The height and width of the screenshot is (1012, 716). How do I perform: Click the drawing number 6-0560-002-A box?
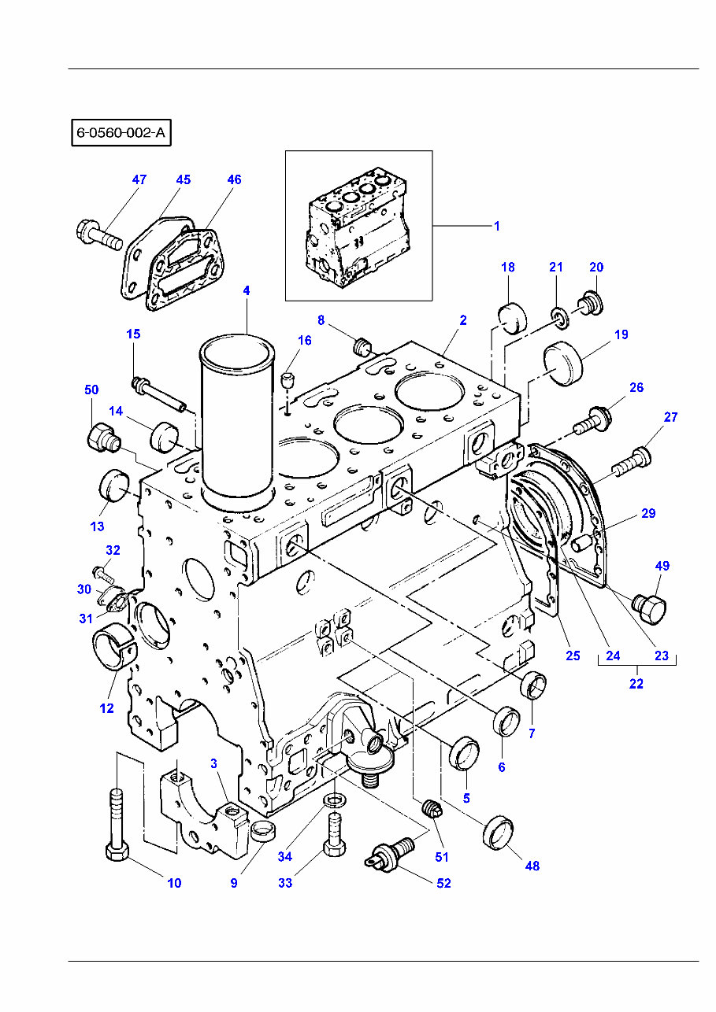click(x=121, y=132)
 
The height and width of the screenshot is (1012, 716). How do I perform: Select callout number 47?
click(x=139, y=179)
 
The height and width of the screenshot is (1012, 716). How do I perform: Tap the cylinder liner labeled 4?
click(x=238, y=421)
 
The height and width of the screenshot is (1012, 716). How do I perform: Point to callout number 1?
click(x=496, y=226)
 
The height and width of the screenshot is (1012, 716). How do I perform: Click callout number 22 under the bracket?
click(x=636, y=684)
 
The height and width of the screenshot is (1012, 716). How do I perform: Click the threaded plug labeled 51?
click(x=429, y=808)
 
